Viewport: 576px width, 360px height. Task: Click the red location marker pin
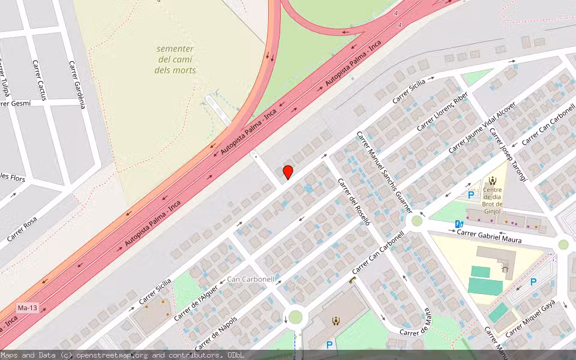tap(288, 172)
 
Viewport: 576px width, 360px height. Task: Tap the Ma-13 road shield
tap(28, 308)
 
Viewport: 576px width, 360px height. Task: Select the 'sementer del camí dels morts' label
tap(175, 59)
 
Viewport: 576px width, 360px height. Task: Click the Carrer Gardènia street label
tap(77, 84)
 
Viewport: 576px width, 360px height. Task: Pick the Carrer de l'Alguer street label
tap(196, 303)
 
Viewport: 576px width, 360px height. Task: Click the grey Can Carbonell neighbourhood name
tap(251, 279)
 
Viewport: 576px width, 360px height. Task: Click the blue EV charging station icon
tap(459, 224)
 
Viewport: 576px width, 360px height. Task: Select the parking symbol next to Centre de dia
tap(471, 194)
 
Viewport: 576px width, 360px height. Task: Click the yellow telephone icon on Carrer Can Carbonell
tap(352, 280)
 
